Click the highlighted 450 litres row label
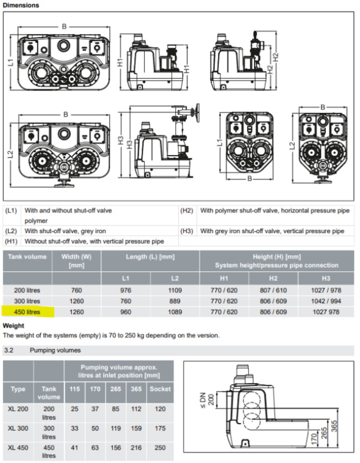(x=27, y=312)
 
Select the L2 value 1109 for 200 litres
(x=175, y=290)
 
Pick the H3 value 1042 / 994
(x=326, y=301)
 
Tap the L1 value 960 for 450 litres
(x=125, y=312)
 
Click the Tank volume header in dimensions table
(x=27, y=257)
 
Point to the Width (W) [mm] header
(x=76, y=261)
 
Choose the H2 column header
(x=273, y=278)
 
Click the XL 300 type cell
(x=18, y=428)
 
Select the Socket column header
(x=160, y=389)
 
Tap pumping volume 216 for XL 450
(x=136, y=448)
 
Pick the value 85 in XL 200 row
(x=115, y=409)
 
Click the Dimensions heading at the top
(x=21, y=5)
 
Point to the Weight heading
(x=13, y=325)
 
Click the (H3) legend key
(x=186, y=231)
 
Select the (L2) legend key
(x=11, y=231)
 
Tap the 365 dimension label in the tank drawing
(x=334, y=426)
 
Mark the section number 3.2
(x=8, y=350)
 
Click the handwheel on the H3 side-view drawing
(x=195, y=112)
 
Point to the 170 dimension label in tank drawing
(x=314, y=439)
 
